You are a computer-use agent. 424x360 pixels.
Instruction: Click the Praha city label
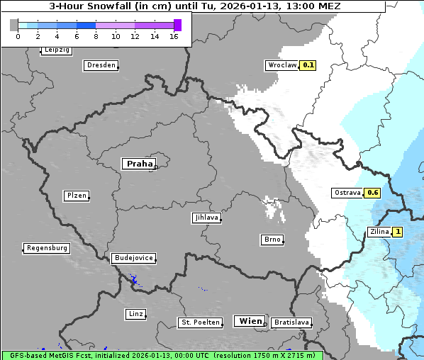coord(139,164)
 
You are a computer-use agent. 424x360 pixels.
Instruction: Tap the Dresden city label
coord(101,65)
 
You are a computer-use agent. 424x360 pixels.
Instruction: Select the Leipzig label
coord(56,50)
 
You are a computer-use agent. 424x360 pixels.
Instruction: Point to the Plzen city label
coord(76,196)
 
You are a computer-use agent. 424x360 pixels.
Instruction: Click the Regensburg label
coord(47,248)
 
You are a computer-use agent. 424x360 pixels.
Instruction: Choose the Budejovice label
coord(133,258)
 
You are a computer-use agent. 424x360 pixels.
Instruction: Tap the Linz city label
coord(135,313)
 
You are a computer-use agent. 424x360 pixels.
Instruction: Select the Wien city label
coord(250,321)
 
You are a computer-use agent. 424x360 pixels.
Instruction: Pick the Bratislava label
coord(291,322)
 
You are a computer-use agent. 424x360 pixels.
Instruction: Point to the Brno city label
coord(272,240)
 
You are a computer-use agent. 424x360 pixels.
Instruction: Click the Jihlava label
coord(206,218)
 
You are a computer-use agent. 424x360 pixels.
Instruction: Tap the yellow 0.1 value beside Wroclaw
coord(308,64)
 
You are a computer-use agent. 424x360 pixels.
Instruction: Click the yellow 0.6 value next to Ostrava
coord(373,193)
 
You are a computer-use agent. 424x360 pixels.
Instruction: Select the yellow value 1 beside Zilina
coord(398,231)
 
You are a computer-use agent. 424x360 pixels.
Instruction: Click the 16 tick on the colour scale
coord(174,36)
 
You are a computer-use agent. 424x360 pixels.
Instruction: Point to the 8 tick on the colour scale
coord(96,36)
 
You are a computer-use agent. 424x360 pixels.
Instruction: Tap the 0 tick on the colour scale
coord(17,36)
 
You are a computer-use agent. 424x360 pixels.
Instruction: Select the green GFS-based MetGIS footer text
coord(162,355)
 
